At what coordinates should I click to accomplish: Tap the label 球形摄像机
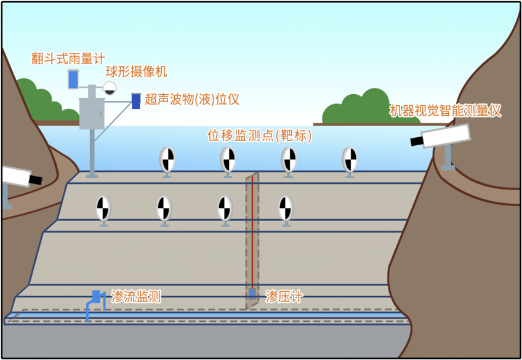(x=136, y=71)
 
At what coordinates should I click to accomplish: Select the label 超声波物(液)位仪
(x=192, y=99)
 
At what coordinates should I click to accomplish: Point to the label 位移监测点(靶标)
(x=259, y=135)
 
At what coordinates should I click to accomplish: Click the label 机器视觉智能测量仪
(x=446, y=111)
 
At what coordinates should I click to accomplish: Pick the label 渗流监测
(x=136, y=297)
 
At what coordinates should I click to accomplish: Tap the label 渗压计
(x=284, y=297)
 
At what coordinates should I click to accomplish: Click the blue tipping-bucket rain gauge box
(x=73, y=79)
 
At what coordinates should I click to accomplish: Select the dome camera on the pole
(x=110, y=88)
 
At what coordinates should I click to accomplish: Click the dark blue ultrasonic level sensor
(x=136, y=101)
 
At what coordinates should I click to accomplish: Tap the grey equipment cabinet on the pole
(x=92, y=113)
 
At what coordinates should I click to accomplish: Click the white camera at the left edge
(x=18, y=177)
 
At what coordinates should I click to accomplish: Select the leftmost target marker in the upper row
(x=167, y=159)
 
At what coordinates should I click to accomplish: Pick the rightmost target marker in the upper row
(x=350, y=159)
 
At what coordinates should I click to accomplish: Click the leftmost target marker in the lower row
(x=103, y=209)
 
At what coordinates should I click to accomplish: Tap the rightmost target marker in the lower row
(x=286, y=209)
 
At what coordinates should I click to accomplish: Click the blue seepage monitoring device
(x=95, y=297)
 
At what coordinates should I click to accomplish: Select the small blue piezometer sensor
(x=252, y=293)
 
